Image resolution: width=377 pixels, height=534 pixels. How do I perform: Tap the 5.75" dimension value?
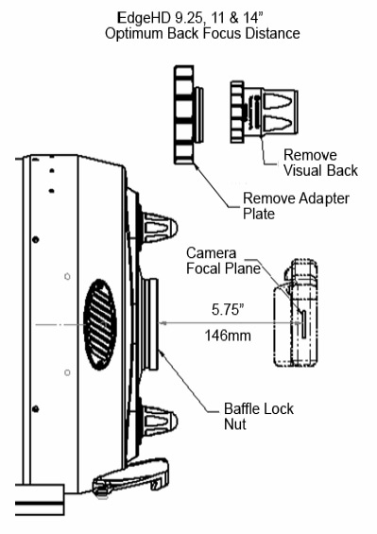228,309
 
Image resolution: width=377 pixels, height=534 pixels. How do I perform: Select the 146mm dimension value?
228,336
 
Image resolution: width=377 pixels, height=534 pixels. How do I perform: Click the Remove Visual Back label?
320,163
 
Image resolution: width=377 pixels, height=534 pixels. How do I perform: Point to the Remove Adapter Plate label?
296,206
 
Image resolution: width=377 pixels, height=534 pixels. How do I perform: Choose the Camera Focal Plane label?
223,261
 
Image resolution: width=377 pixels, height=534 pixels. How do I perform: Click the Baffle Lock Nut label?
259,416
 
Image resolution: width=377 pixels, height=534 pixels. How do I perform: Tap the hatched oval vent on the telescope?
100,324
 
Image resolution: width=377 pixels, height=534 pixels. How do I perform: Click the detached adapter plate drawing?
189,114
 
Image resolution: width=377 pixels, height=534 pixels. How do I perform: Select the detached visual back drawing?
264,112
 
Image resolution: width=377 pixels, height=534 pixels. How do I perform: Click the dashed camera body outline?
297,314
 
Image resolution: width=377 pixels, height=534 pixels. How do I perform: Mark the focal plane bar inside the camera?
302,324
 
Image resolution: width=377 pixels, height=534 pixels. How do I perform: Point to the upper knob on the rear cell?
160,227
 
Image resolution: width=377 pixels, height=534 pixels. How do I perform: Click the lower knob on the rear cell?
160,421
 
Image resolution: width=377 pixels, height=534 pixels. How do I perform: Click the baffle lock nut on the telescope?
150,324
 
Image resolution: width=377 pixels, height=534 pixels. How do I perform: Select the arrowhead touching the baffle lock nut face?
163,323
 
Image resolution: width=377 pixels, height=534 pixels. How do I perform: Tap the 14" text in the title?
254,18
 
